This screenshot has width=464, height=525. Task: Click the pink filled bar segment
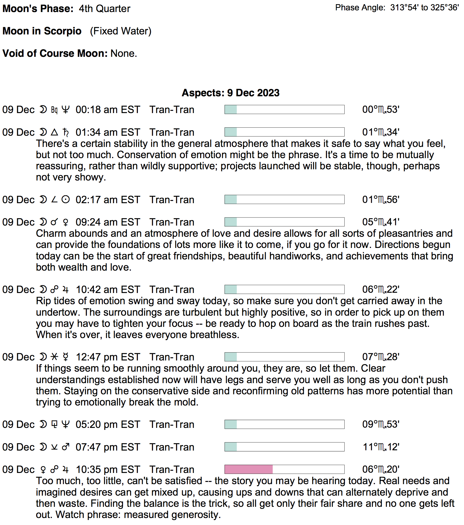tap(249, 469)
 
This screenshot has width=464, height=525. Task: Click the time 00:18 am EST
tap(108, 110)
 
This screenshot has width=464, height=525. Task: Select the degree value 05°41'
tap(381, 222)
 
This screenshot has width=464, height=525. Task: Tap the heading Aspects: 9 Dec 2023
tap(231, 93)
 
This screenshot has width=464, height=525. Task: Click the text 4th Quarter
tap(104, 9)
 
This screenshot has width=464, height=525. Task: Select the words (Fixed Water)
tap(120, 31)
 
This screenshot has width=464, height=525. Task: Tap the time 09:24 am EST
tap(108, 222)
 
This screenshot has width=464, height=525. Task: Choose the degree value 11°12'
tap(381, 447)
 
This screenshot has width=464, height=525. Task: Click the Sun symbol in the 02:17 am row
tap(66, 200)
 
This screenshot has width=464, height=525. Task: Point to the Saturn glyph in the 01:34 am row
tap(66, 132)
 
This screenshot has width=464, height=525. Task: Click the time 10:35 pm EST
tap(108, 470)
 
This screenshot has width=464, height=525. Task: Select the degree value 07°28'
tap(381, 357)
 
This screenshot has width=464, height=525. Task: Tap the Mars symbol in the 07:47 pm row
tap(66, 447)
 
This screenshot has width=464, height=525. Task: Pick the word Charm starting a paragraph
tap(51, 233)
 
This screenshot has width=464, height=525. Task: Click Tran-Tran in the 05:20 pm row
tap(172, 425)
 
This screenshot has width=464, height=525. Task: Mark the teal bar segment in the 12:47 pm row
tap(231, 357)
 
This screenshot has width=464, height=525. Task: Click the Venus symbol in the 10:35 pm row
tap(43, 470)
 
